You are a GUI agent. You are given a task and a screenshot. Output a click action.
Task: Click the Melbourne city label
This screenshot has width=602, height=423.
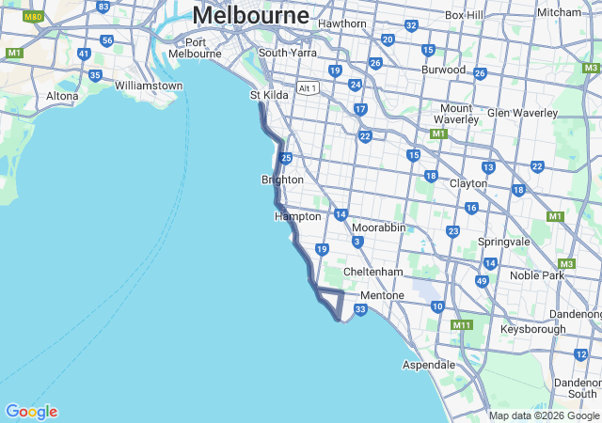pyautogui.click(x=250, y=16)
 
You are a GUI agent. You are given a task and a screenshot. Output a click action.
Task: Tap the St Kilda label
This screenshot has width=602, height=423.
pyautogui.click(x=268, y=95)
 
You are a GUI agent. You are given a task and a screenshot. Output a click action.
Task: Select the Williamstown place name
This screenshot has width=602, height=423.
pyautogui.click(x=149, y=86)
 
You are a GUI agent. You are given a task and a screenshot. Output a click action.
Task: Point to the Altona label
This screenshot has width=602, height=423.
pyautogui.click(x=63, y=96)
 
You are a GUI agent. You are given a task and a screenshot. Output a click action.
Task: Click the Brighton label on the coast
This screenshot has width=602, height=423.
pyautogui.click(x=282, y=180)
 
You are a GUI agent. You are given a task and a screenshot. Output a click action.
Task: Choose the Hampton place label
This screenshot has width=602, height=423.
pyautogui.click(x=297, y=216)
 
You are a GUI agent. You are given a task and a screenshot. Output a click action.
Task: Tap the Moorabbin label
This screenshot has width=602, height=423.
pyautogui.click(x=379, y=227)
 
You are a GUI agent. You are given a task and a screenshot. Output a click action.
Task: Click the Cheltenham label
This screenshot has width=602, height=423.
pyautogui.click(x=372, y=272)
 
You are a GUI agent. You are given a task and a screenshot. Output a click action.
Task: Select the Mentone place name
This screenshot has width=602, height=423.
pyautogui.click(x=382, y=295)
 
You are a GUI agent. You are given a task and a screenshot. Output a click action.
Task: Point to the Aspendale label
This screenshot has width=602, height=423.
pyautogui.click(x=429, y=364)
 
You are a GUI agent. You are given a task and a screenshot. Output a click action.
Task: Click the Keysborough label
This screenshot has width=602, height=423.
pyautogui.click(x=533, y=329)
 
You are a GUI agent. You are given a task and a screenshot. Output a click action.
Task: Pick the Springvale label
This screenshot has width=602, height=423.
pyautogui.click(x=504, y=242)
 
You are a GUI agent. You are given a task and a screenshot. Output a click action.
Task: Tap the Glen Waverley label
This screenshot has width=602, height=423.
pyautogui.click(x=523, y=113)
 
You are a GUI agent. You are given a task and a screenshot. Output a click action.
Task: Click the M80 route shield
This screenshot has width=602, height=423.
pyautogui.click(x=33, y=17)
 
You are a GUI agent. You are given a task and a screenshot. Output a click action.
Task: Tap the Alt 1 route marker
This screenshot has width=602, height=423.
pyautogui.click(x=308, y=87)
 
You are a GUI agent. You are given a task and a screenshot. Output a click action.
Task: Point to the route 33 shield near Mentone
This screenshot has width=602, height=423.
pyautogui.click(x=360, y=309)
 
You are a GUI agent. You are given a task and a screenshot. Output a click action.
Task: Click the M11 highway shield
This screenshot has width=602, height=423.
pyautogui.click(x=461, y=324)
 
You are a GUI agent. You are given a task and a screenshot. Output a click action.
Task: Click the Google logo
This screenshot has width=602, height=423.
pyautogui.click(x=31, y=411)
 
